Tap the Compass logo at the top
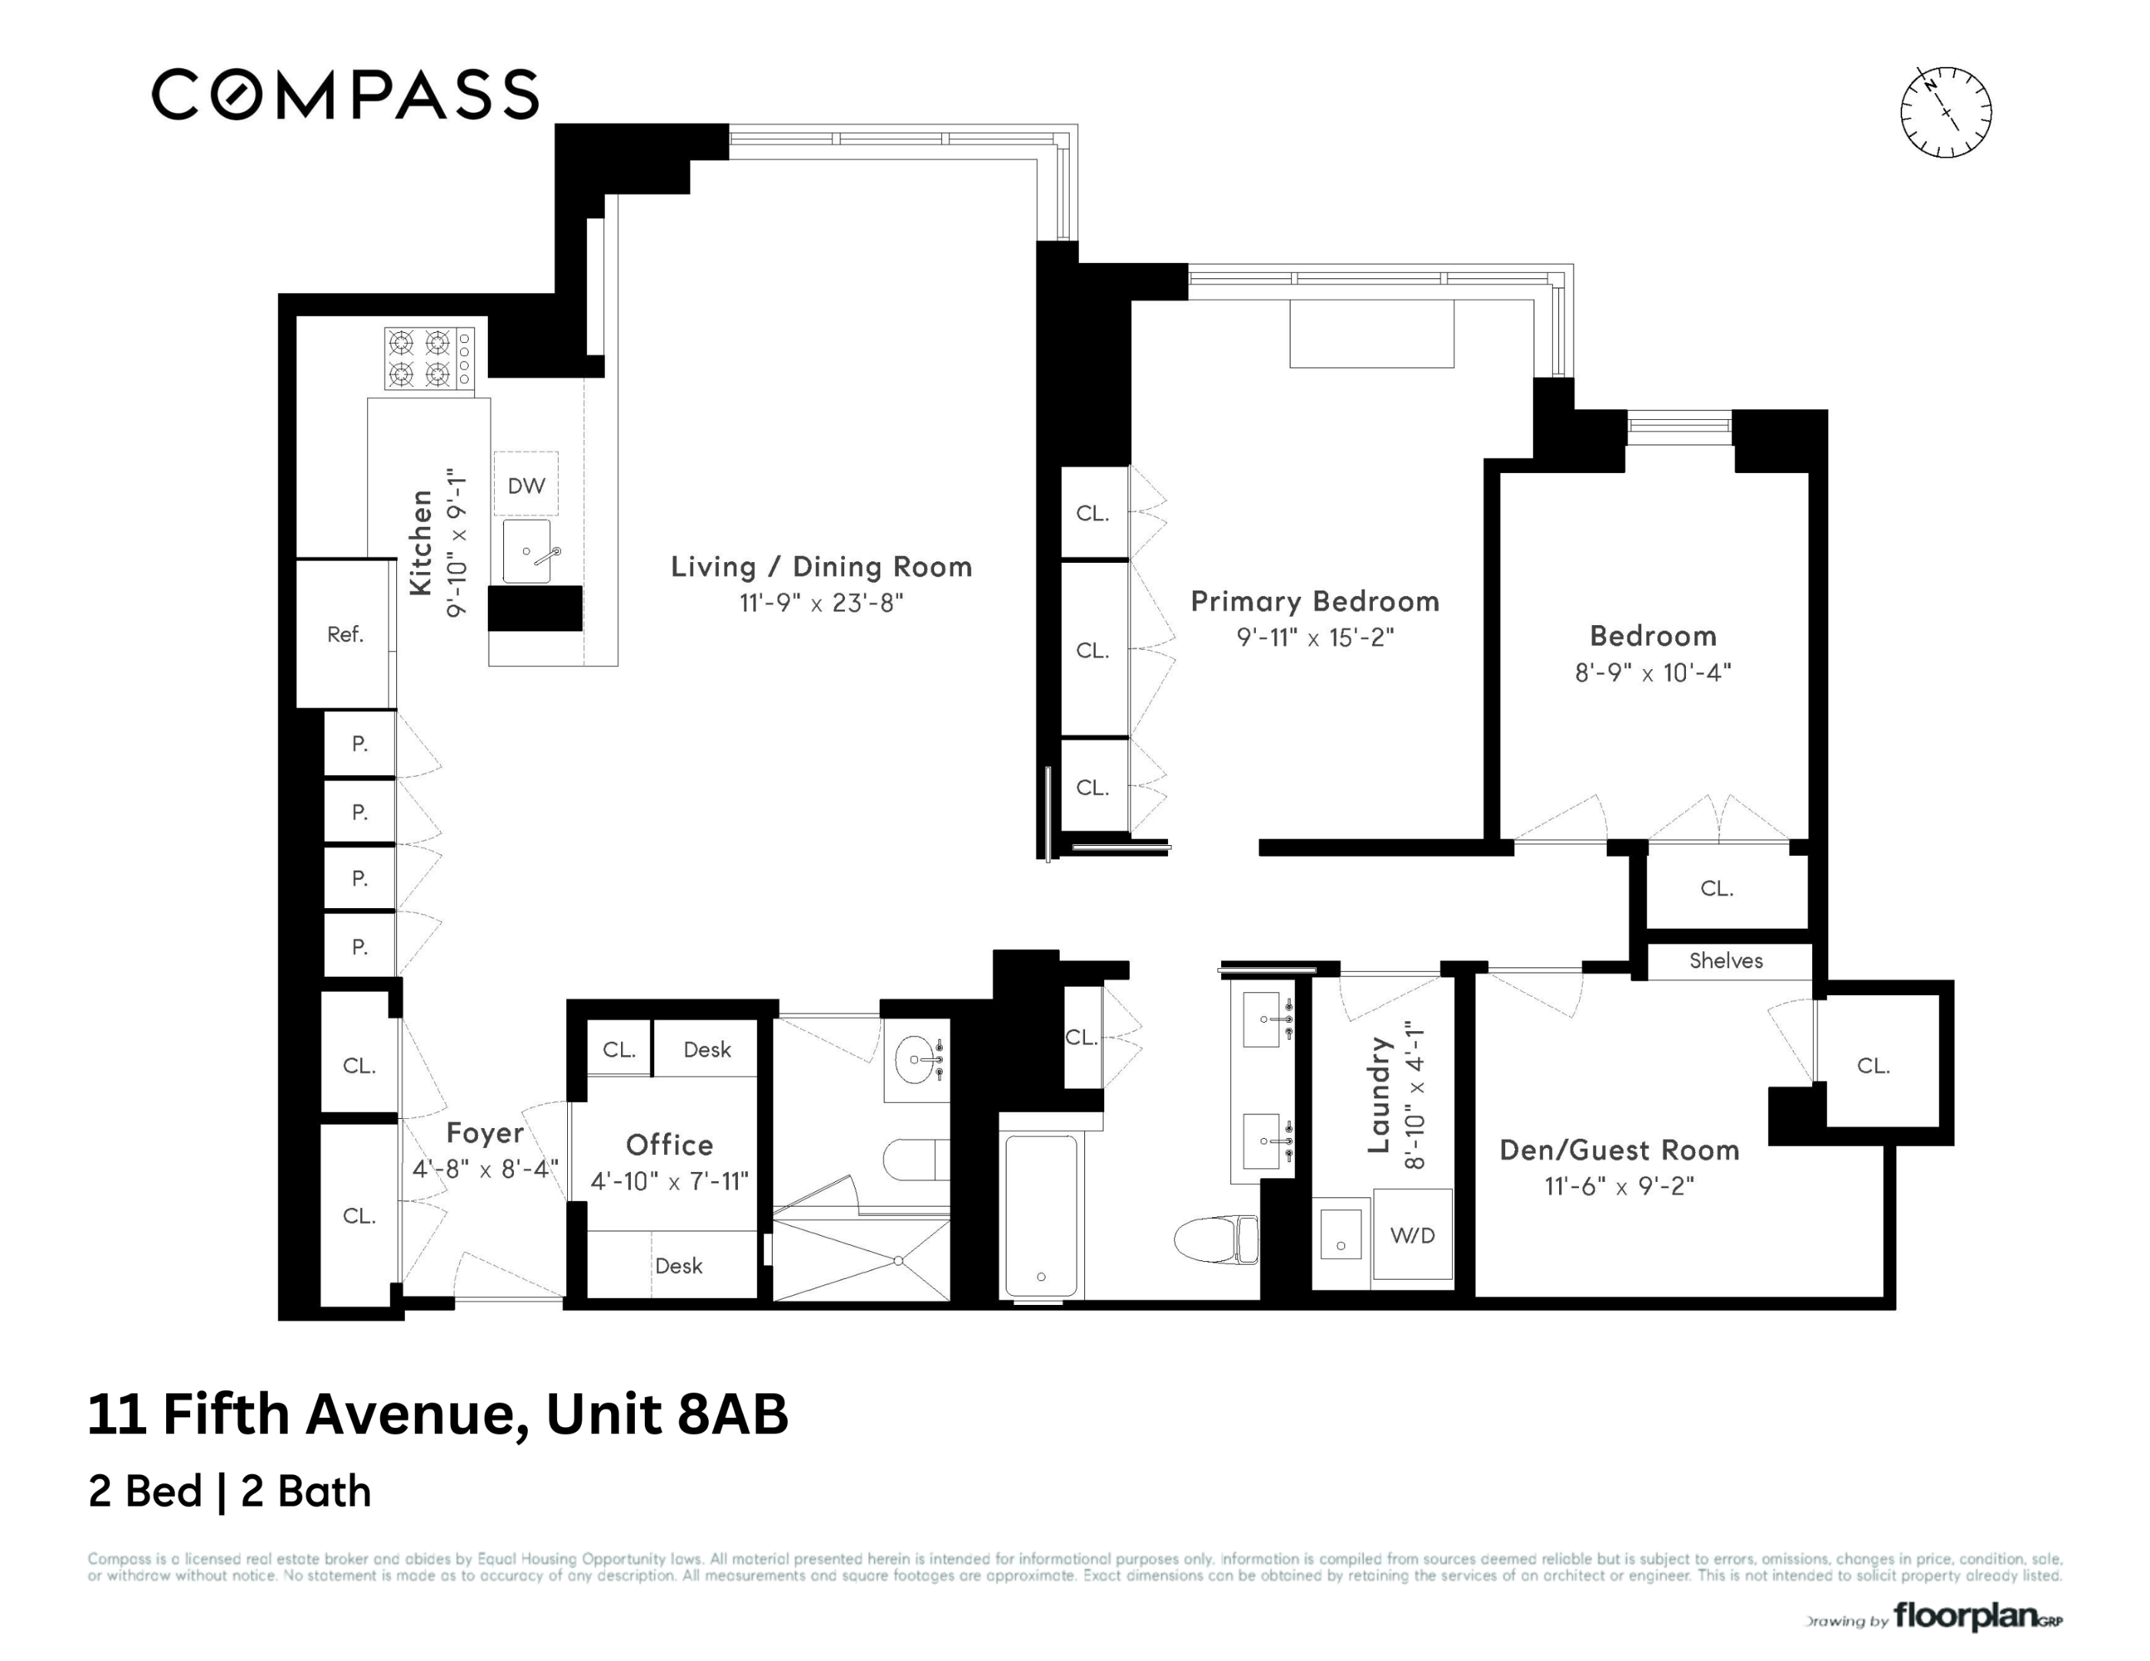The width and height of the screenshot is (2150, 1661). (x=345, y=95)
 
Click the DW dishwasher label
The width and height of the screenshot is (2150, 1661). (x=526, y=485)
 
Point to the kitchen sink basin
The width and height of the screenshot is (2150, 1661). (x=526, y=552)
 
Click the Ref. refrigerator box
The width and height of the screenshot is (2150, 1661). (x=345, y=634)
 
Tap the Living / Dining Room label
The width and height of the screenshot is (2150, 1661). (x=821, y=567)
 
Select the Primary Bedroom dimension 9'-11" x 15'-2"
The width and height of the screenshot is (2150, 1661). (x=1314, y=637)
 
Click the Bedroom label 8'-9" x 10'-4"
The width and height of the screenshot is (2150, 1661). (x=1653, y=654)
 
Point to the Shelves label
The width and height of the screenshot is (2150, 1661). (x=1726, y=960)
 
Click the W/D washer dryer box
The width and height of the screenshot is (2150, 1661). (x=1413, y=1235)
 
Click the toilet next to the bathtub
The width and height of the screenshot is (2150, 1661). (x=1217, y=1240)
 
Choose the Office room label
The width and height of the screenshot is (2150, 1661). (x=669, y=1144)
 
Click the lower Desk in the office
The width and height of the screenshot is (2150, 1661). (x=678, y=1266)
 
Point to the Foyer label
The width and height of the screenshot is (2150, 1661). (x=484, y=1133)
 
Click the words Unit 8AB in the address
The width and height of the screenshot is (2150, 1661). (x=666, y=1414)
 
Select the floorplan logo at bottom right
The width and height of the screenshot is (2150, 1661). (x=1977, y=1616)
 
